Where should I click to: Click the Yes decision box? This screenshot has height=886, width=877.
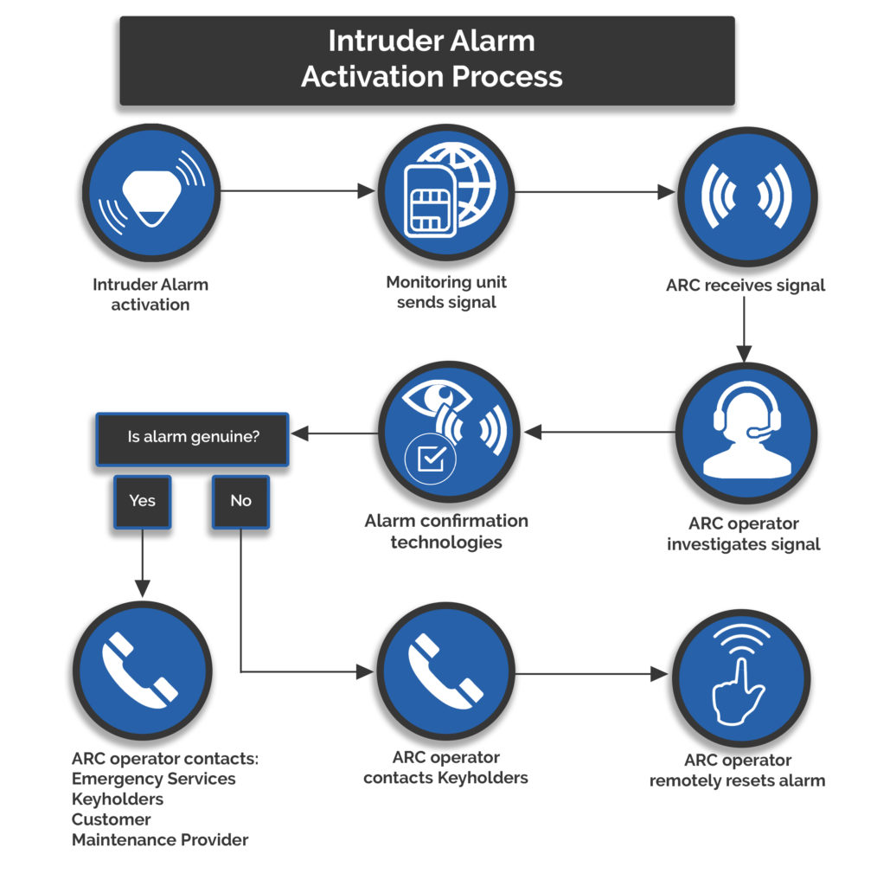[143, 501]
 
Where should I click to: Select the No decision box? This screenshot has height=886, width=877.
[240, 501]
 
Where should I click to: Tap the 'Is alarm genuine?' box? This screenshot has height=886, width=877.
[193, 437]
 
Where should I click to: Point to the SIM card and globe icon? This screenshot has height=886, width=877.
[447, 191]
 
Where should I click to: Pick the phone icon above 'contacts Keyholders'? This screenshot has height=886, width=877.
[445, 671]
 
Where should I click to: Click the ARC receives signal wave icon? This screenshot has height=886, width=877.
[745, 196]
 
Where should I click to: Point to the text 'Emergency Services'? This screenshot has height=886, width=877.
[153, 779]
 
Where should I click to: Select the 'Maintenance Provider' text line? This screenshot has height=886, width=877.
[160, 839]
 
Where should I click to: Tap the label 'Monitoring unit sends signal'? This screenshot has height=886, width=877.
[446, 292]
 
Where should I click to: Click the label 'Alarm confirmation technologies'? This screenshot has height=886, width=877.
[445, 531]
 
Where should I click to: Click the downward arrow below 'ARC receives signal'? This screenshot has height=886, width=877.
[744, 330]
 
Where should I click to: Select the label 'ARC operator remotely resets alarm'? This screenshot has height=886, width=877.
[737, 770]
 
